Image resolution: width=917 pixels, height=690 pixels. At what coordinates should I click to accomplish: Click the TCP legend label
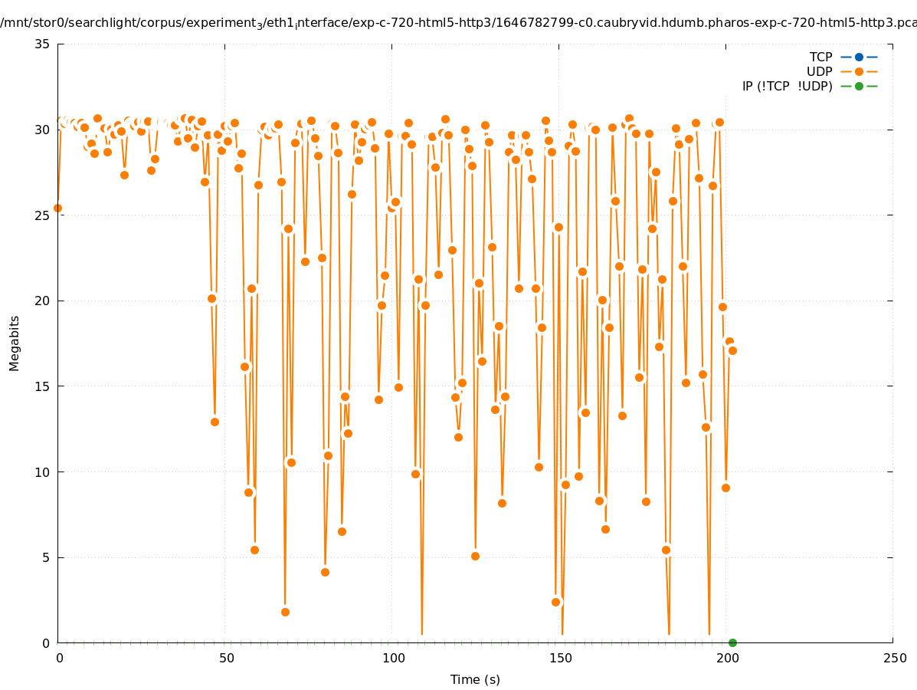820,57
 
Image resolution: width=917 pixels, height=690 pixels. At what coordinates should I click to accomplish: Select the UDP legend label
819,71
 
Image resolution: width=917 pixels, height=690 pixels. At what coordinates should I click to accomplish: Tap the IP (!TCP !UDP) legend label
787,86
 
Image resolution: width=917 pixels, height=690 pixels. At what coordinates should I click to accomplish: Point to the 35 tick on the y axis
43,44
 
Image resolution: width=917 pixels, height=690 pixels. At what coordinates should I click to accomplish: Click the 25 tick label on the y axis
43,215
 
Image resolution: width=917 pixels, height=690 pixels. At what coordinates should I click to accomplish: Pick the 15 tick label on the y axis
43,386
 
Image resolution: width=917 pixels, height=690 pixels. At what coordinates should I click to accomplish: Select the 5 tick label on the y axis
47,558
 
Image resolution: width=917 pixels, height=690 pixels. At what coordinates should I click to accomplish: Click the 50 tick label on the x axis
225,658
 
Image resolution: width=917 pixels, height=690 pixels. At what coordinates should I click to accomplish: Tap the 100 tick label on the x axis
392,658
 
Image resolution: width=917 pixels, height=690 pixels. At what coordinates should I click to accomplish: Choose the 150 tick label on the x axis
559,658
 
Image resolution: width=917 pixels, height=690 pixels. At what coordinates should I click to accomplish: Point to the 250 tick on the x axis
893,658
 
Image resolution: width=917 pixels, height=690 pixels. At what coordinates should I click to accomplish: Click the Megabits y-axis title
15,343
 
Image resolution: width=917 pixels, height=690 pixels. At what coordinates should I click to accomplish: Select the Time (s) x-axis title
475,679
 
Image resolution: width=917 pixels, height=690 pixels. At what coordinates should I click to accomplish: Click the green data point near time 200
732,642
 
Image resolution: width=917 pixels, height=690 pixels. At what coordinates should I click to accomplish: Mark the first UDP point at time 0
57,208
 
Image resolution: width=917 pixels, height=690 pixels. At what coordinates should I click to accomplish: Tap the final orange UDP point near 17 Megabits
732,350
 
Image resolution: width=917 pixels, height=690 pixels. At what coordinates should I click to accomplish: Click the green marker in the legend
859,86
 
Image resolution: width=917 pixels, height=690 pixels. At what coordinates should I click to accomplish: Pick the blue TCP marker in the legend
859,57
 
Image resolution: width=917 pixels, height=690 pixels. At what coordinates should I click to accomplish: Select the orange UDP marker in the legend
859,71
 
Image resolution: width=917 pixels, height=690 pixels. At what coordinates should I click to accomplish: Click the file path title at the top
458,23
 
